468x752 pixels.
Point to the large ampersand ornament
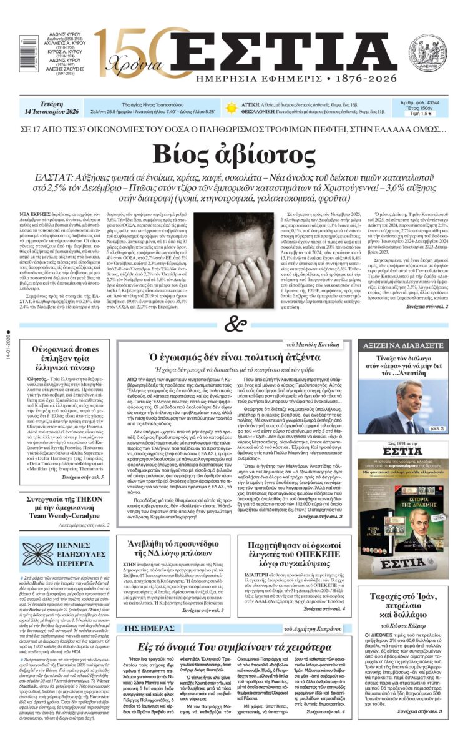coord(234,324)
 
